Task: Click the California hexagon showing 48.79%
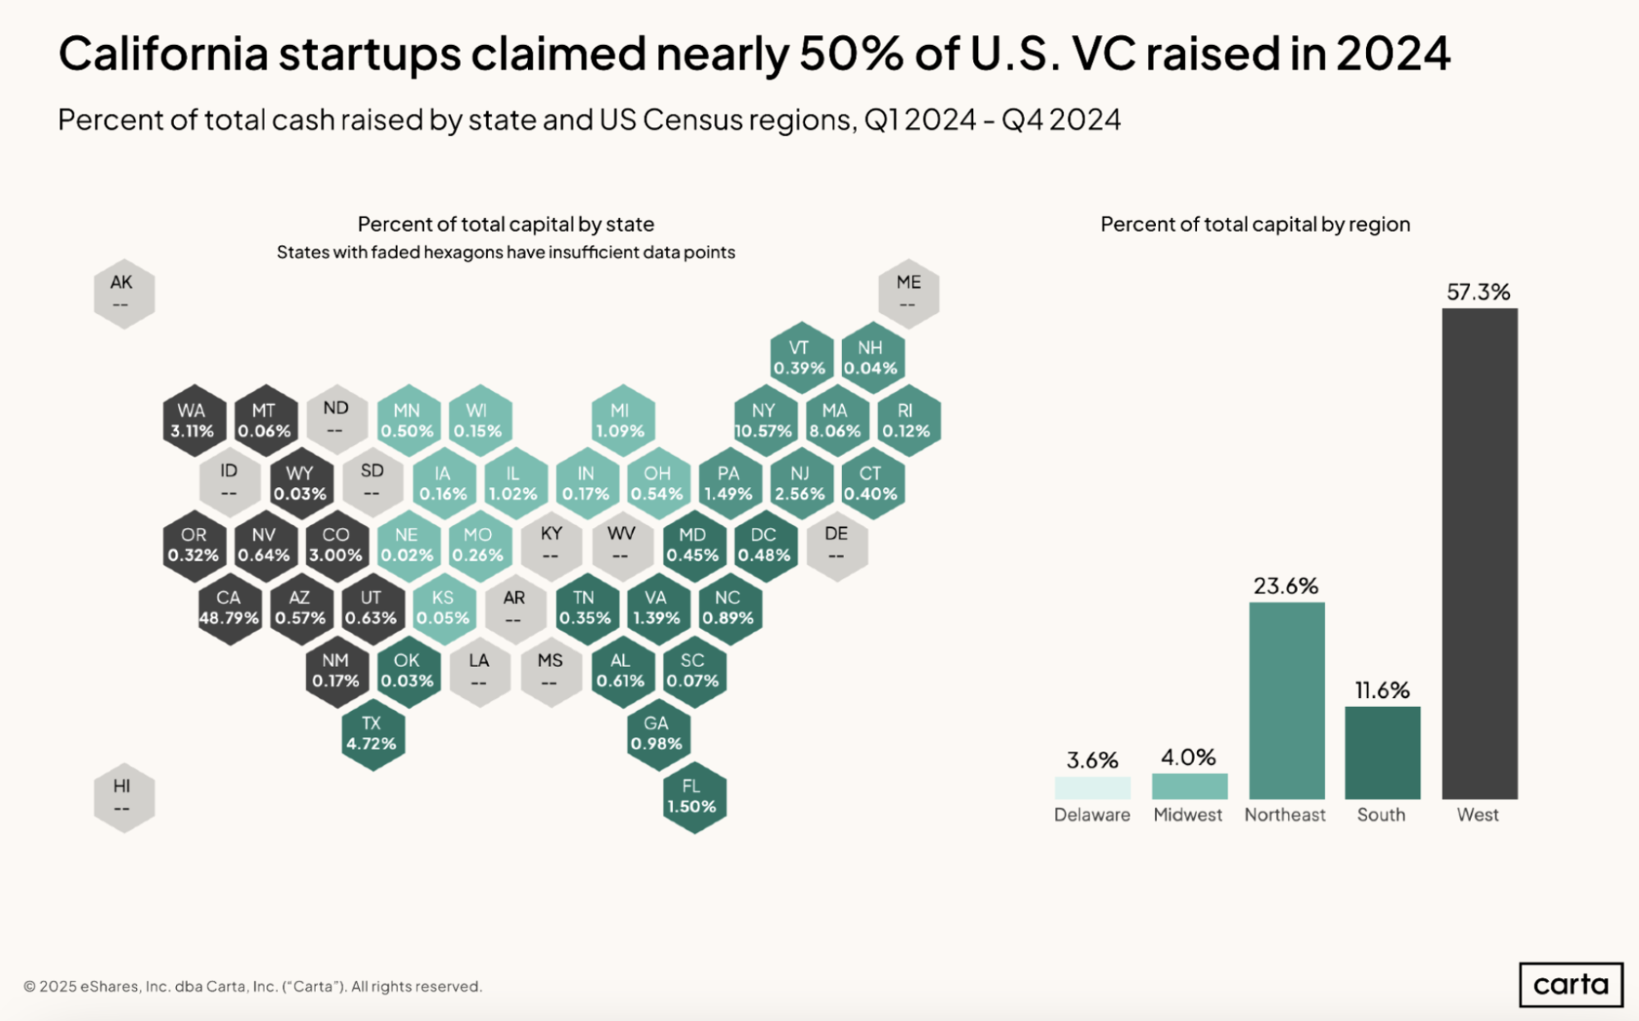(229, 608)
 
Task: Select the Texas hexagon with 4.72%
(372, 733)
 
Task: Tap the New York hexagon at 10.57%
(763, 421)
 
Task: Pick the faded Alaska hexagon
(122, 293)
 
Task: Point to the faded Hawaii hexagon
(122, 796)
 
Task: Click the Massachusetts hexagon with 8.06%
(835, 421)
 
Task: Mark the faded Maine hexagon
(908, 293)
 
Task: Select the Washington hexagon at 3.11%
(193, 421)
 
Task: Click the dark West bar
(1479, 554)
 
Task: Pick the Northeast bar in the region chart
(1286, 700)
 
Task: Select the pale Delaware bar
(1092, 788)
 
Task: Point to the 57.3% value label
(1478, 292)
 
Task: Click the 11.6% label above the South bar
(1382, 691)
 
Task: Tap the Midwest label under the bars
(1187, 815)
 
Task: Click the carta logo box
(1570, 984)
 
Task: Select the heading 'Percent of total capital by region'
(1254, 225)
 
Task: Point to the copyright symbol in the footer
(30, 987)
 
